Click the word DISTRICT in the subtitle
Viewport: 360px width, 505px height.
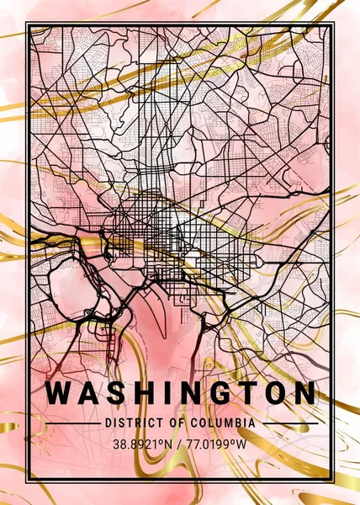[128, 423]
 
